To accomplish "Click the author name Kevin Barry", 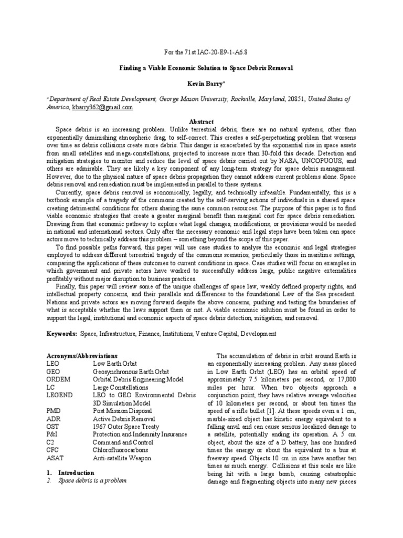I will [x=201, y=84].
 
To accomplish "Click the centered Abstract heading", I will [x=201, y=121].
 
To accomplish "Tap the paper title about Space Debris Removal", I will [x=201, y=68].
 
